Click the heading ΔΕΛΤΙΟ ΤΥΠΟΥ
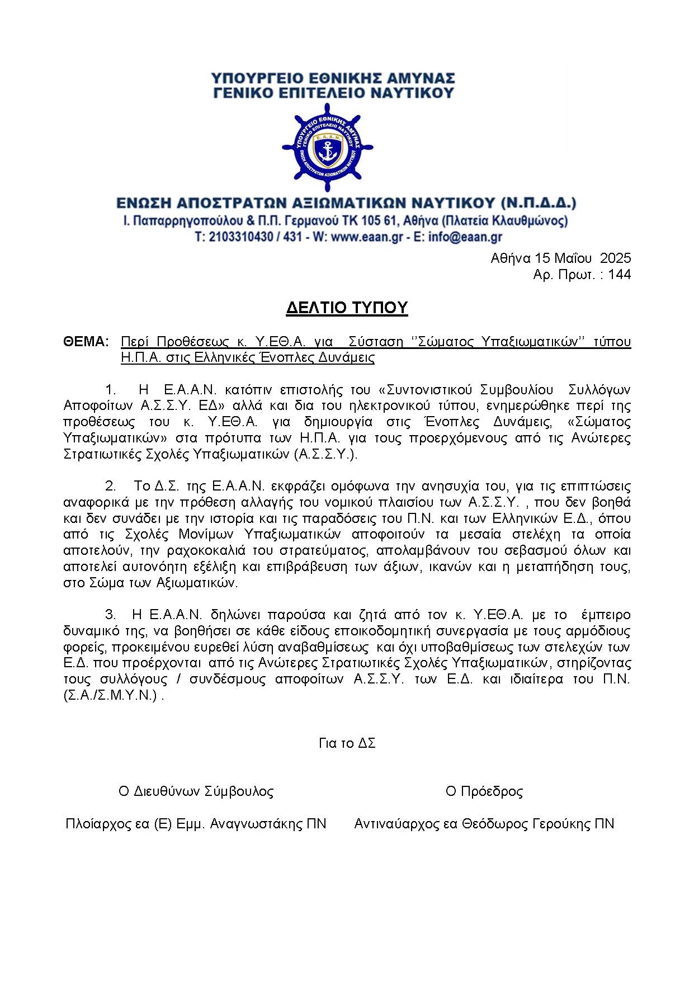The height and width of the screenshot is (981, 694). pos(347,308)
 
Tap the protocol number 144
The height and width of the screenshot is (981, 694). pos(619,275)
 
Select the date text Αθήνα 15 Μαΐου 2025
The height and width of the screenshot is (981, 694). pos(560,258)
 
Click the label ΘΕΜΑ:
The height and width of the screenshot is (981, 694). pos(86,342)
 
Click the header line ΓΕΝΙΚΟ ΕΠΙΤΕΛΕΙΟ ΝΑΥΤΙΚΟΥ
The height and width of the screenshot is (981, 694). pos(334,93)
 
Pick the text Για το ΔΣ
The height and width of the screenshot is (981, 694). pos(347,743)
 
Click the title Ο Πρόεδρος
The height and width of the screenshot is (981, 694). pos(484,791)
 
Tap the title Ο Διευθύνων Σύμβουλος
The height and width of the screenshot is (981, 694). pos(196,791)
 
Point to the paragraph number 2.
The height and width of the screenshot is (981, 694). pos(110,485)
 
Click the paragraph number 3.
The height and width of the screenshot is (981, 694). pos(110,615)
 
